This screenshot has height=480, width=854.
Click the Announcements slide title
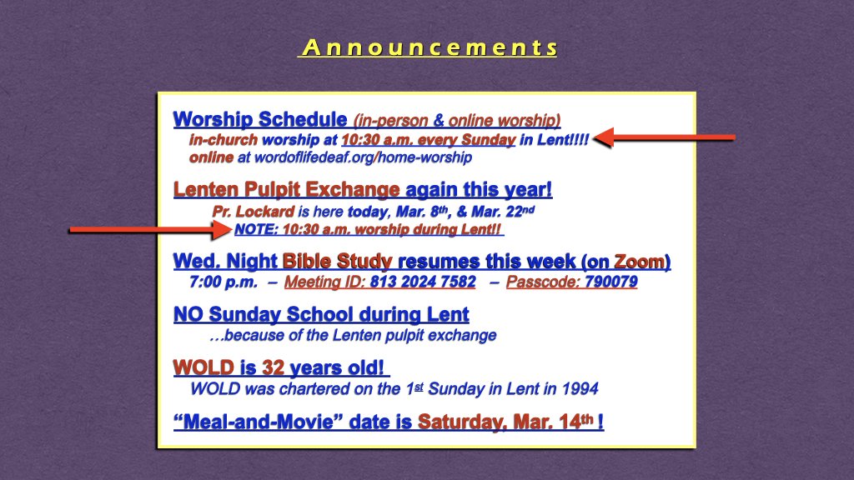pyautogui.click(x=428, y=47)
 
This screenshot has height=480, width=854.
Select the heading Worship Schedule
pyautogui.click(x=259, y=119)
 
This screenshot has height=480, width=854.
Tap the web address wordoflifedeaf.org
pyautogui.click(x=309, y=157)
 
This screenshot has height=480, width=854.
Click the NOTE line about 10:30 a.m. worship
pyautogui.click(x=369, y=229)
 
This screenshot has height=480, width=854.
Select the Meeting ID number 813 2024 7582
pyautogui.click(x=423, y=282)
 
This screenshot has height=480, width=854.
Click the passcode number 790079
pyautogui.click(x=610, y=282)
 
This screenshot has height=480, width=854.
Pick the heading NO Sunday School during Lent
pyautogui.click(x=321, y=315)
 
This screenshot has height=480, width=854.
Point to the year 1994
pyautogui.click(x=580, y=388)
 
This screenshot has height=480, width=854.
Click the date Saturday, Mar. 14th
pyautogui.click(x=505, y=422)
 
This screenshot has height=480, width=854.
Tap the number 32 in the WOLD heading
pyautogui.click(x=273, y=367)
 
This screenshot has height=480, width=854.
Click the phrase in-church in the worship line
pyautogui.click(x=223, y=139)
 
